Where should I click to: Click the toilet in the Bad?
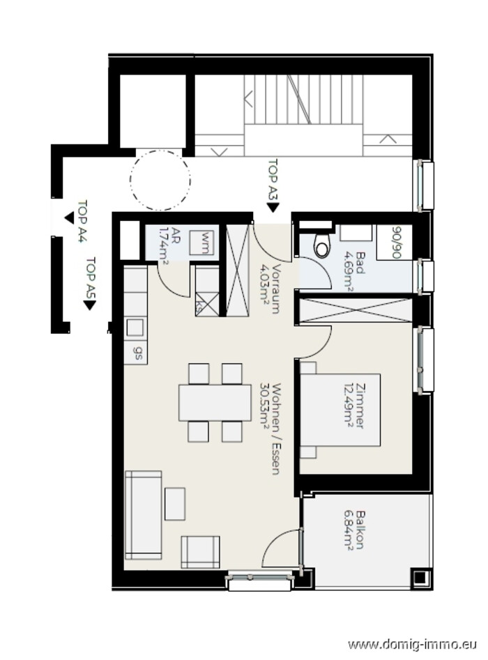323,245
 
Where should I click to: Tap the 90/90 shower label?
396,242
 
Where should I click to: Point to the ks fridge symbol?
207,303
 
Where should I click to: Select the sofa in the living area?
143,515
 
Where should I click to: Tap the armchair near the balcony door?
200,552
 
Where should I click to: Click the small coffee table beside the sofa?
175,503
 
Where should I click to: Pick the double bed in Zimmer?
340,410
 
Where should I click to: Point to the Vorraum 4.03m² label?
270,289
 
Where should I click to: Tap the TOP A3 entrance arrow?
273,208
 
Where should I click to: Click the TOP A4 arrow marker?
69,218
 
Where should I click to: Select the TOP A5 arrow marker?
89,305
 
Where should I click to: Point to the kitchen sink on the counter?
135,327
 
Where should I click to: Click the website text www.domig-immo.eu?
413,645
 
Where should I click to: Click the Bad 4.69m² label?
355,270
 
